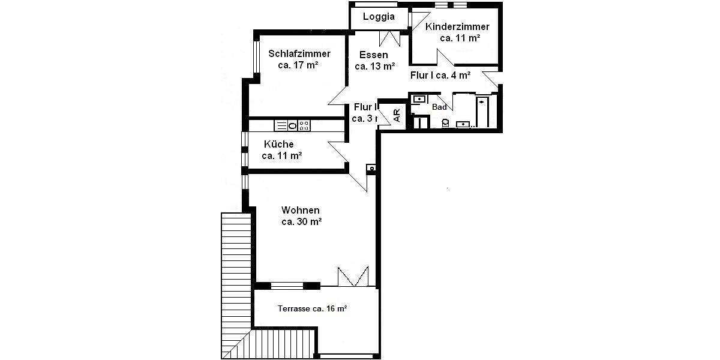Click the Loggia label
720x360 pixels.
379,17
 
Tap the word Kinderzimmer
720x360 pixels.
457,26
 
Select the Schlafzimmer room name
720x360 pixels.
299,53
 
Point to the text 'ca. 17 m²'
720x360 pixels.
298,65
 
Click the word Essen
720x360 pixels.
374,55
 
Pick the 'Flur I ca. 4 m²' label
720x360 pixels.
440,76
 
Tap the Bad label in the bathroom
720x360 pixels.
439,107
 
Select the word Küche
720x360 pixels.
279,144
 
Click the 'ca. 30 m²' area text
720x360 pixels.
301,221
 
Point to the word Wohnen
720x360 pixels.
300,210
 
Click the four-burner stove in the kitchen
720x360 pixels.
304,125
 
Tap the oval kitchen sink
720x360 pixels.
292,125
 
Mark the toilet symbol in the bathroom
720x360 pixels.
445,123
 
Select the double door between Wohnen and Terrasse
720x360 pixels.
352,276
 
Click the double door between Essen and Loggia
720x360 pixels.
389,37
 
